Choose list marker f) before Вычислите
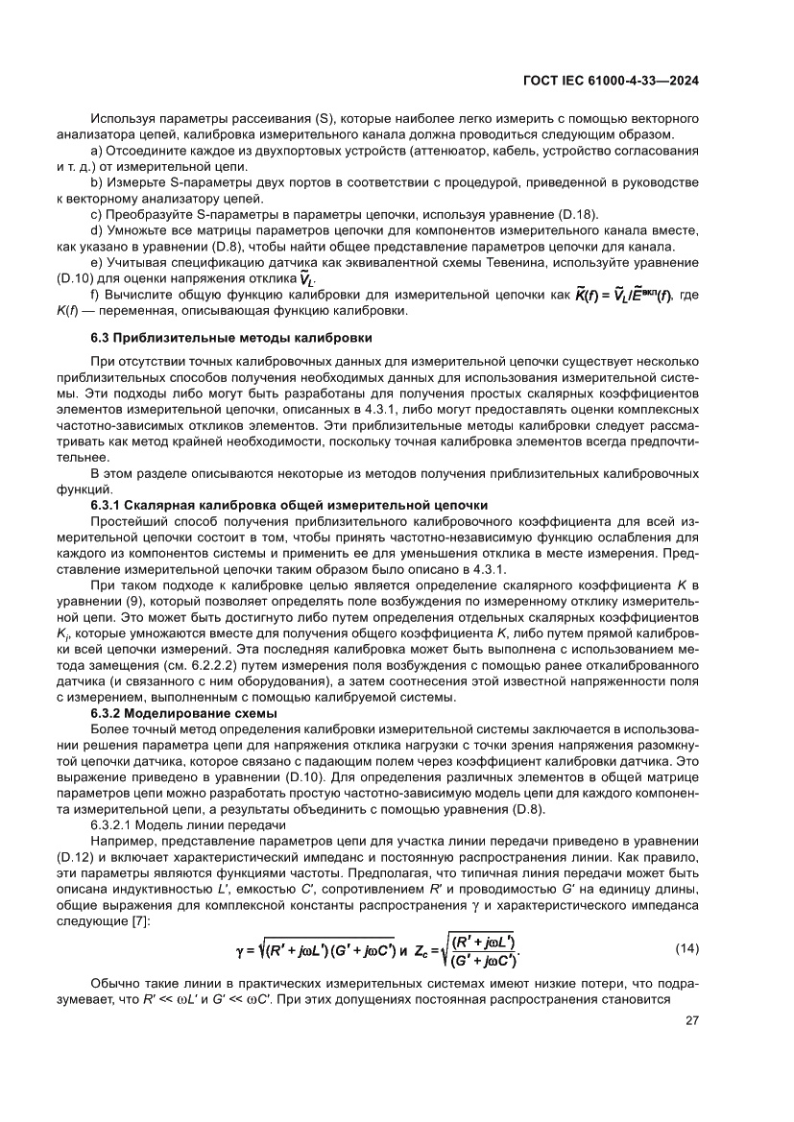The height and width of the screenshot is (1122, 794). coord(95,296)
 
